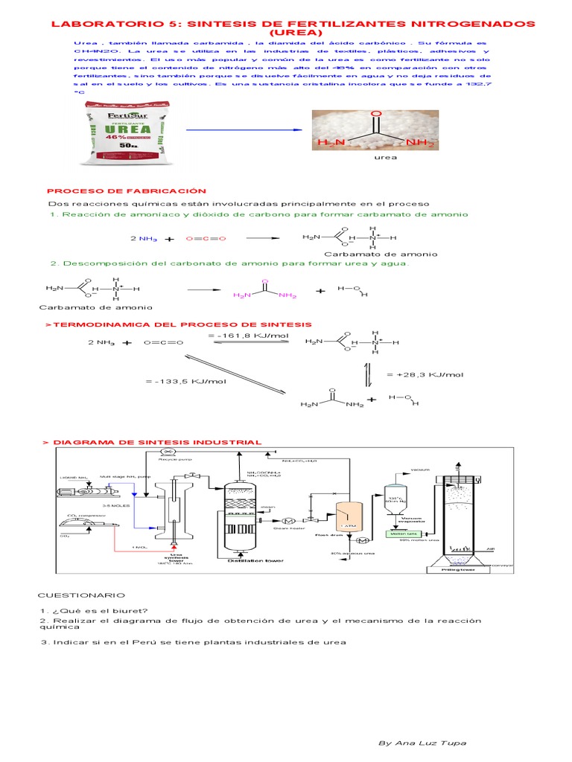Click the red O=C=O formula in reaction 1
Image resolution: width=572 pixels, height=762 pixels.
(x=206, y=239)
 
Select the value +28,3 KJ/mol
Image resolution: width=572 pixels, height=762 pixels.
(x=425, y=374)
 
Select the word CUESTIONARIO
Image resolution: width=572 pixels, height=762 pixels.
(x=83, y=595)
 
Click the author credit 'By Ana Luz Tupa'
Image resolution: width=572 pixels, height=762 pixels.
(x=422, y=743)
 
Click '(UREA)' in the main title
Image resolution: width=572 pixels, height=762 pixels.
(x=292, y=33)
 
